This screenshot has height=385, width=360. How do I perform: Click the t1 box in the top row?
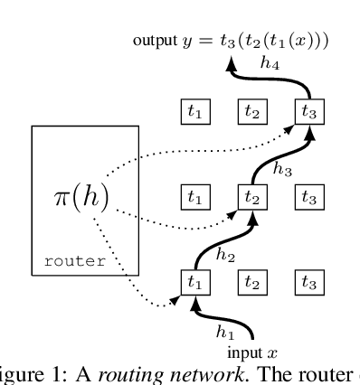coord(194,112)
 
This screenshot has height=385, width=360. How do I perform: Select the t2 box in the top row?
coord(251,112)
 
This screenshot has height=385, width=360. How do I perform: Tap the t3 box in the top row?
coord(308,112)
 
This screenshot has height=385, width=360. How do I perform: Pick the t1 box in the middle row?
coord(194,196)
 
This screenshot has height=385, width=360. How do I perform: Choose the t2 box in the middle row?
coord(251,196)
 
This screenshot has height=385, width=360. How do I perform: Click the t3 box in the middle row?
coord(308,196)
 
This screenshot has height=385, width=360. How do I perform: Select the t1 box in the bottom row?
coord(194,281)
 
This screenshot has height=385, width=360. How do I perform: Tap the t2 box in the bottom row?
coord(251,281)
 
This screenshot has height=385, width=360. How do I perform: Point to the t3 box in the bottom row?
coord(308,281)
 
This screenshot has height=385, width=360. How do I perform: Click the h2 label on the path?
coord(226,255)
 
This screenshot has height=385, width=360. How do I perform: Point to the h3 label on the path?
coord(282,169)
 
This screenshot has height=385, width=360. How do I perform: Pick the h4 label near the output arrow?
coord(268,62)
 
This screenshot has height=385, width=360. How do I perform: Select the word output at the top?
coord(154,41)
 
